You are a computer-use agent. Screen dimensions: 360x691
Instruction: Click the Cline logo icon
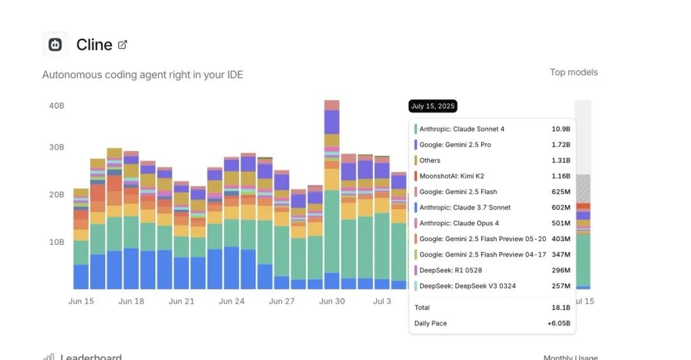(55, 45)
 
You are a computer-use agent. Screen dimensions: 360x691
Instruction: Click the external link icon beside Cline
(123, 45)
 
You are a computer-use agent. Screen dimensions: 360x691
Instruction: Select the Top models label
(573, 72)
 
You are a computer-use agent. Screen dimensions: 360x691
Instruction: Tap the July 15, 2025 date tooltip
(433, 106)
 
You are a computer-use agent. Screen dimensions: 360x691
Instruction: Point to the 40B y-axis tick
(56, 106)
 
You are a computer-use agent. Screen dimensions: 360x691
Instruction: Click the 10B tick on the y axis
(56, 242)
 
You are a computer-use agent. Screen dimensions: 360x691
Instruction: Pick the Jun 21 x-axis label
(181, 301)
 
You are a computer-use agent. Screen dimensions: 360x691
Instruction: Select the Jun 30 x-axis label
(332, 301)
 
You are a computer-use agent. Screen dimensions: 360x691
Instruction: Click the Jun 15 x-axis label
(81, 301)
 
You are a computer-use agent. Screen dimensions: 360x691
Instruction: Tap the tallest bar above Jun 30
(331, 192)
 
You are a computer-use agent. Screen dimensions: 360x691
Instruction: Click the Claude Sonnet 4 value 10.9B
(560, 129)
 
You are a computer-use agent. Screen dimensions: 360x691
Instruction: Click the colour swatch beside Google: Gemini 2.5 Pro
(416, 145)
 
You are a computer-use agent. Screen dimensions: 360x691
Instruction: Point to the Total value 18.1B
(561, 308)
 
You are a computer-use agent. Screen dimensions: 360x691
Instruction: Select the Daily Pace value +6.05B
(559, 324)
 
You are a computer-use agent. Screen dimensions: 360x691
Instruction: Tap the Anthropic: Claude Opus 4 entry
(459, 223)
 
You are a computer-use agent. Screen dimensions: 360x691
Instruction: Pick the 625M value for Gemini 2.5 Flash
(560, 192)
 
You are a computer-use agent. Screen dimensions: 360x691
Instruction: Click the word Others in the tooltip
(430, 160)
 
